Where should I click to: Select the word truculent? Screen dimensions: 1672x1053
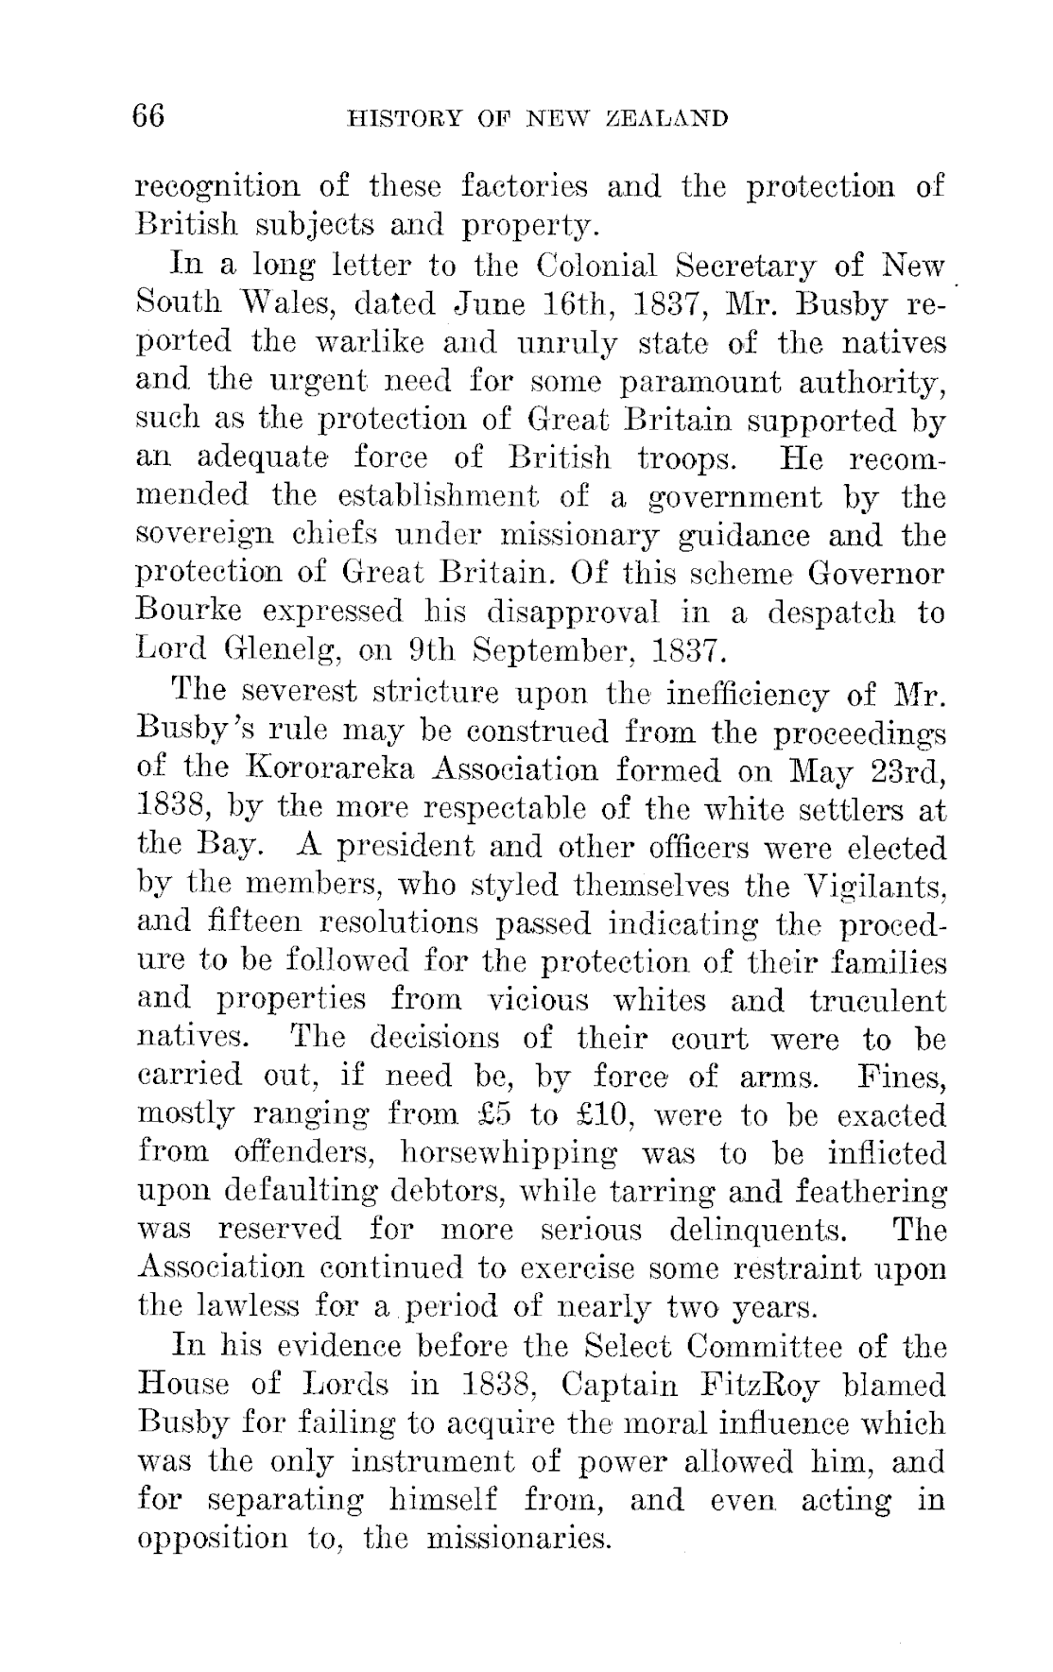[877, 1001]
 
